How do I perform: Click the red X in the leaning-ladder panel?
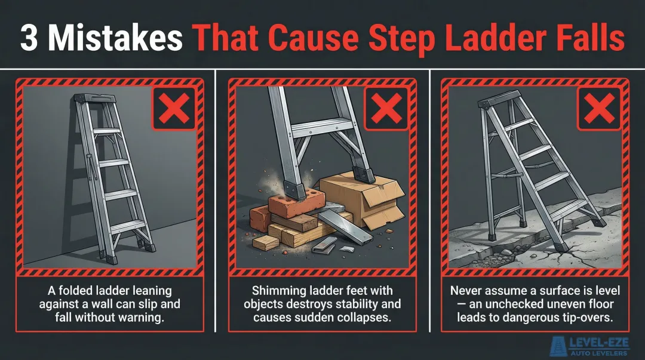pyautogui.click(x=174, y=108)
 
